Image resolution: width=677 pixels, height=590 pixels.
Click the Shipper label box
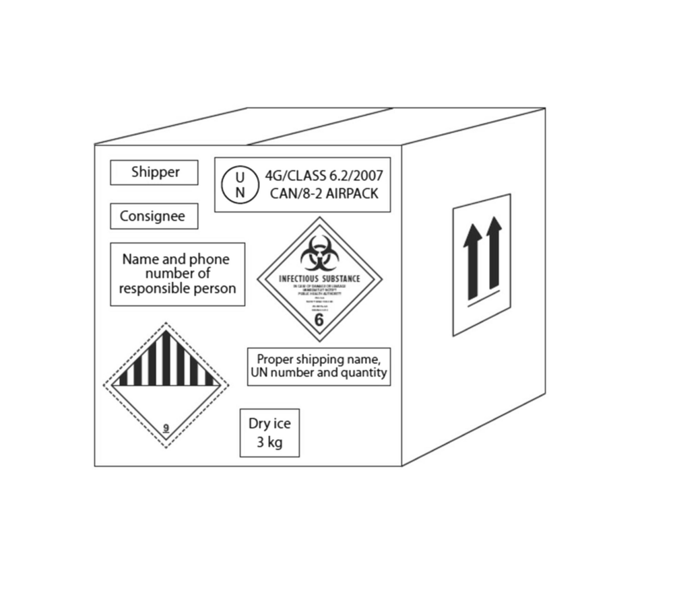[154, 172]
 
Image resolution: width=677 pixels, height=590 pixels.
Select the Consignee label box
[154, 217]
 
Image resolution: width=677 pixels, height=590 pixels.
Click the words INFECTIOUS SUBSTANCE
[319, 279]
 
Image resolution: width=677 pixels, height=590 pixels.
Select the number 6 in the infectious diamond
[319, 320]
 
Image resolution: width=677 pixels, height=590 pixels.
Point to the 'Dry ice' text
[269, 423]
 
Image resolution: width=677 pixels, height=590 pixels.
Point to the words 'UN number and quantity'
[319, 373]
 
